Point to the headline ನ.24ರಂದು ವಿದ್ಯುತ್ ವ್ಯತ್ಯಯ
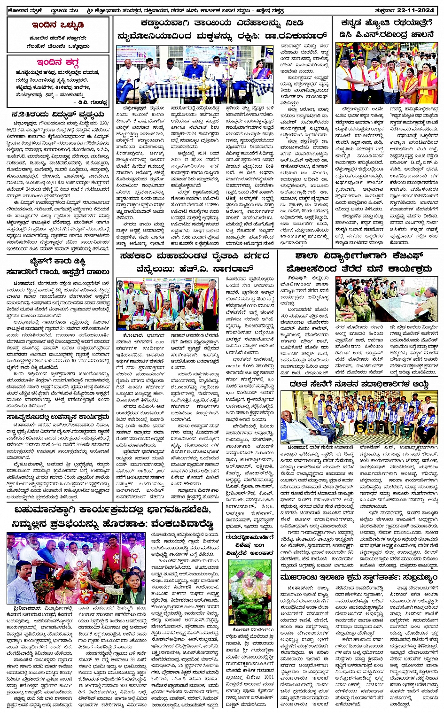(x=58, y=115)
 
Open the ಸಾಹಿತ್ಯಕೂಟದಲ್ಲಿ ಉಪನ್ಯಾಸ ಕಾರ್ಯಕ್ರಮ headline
(x=58, y=416)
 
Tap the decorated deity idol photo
(x=249, y=592)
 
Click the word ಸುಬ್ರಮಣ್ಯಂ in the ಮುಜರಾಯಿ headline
(x=410, y=577)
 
